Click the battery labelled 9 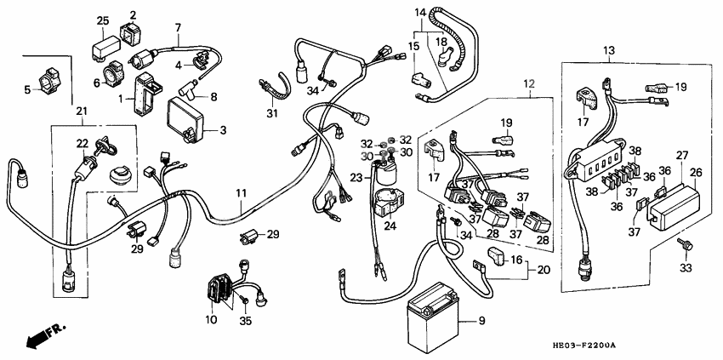(x=435, y=323)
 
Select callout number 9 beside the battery (x=481, y=321)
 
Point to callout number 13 (x=607, y=52)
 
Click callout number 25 (x=102, y=20)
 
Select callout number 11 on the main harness (x=241, y=195)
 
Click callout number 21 (x=81, y=111)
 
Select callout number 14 (x=419, y=13)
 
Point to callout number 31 (x=271, y=114)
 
